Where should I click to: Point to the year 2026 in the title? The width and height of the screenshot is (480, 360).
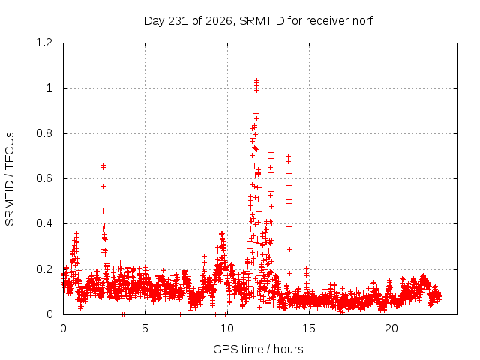click(218, 21)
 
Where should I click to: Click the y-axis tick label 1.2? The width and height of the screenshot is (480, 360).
click(44, 43)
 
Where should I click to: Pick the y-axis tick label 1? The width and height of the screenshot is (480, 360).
click(49, 88)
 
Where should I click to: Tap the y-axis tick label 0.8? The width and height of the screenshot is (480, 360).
click(44, 133)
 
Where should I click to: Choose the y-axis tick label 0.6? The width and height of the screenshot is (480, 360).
click(44, 178)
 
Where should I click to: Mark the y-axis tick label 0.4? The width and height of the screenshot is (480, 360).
click(44, 223)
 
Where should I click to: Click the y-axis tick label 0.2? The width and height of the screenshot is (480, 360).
click(44, 269)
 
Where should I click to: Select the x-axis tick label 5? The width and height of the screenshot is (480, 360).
click(145, 328)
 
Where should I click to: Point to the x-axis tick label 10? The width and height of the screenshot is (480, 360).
click(226, 328)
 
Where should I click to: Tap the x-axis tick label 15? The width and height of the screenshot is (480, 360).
click(309, 328)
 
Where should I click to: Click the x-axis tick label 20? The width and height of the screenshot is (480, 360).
click(391, 328)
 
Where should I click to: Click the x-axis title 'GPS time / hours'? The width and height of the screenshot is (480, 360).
click(258, 349)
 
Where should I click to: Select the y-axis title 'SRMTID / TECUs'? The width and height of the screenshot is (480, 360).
click(10, 179)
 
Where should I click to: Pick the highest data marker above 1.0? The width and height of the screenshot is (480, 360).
click(256, 80)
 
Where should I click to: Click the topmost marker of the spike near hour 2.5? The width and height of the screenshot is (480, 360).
click(103, 166)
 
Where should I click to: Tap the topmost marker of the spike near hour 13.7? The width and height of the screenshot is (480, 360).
click(288, 157)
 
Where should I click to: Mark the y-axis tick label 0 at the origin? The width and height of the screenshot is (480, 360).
click(49, 314)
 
